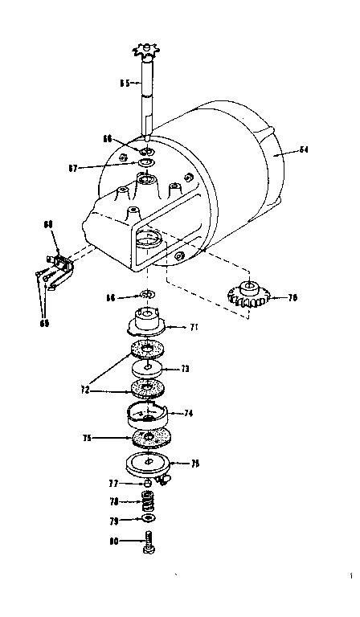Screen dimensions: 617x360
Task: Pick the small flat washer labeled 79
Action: click(149, 520)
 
